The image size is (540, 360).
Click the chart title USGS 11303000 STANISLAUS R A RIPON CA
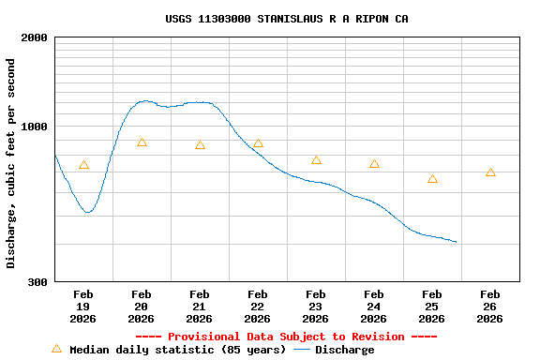287,19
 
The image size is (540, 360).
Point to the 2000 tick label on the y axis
35,38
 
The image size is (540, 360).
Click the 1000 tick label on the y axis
35,127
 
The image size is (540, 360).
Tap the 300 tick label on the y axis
37,282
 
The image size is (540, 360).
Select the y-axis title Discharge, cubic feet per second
11,163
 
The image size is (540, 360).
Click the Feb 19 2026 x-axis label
83,307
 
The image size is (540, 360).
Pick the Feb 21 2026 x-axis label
200,307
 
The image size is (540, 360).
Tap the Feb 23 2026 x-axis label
316,307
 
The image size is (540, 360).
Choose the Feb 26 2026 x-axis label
490,307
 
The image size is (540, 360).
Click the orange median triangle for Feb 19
83,165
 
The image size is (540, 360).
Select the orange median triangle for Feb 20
142,142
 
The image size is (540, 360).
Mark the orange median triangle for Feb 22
258,143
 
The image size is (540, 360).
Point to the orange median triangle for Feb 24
374,164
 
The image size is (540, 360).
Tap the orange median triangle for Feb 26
490,172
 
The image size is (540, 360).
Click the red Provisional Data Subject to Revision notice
287,337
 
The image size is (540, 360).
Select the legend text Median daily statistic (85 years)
178,350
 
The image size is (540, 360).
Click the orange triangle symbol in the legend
56,349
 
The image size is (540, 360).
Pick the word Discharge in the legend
344,350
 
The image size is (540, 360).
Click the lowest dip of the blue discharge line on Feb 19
88,212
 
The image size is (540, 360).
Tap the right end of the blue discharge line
457,242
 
